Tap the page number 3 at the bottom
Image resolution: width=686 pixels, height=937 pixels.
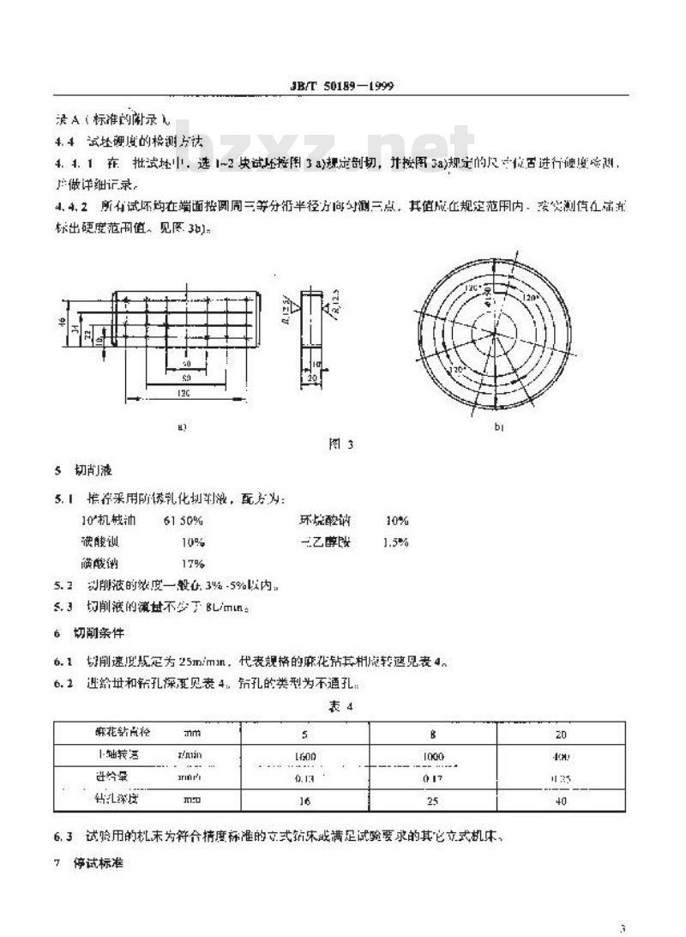click(x=623, y=927)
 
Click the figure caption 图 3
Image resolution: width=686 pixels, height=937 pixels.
click(x=341, y=444)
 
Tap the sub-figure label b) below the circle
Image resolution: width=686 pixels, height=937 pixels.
click(x=498, y=426)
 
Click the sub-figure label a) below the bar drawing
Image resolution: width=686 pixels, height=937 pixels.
click(x=182, y=426)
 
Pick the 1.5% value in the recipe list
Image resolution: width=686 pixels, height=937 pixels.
click(x=395, y=542)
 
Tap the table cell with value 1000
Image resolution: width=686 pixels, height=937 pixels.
click(x=435, y=756)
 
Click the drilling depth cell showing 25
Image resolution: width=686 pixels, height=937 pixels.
click(x=435, y=802)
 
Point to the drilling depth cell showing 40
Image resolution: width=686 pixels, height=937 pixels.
click(x=561, y=802)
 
